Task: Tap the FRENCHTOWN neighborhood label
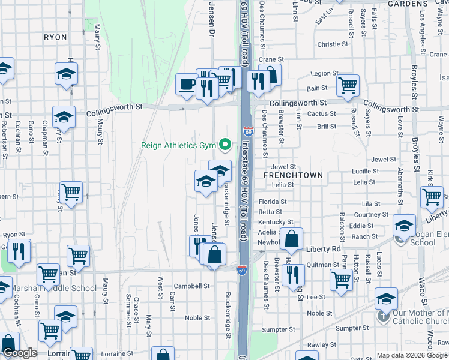(293, 175)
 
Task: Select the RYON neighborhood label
(55, 37)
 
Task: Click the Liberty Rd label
(323, 248)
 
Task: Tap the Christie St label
(333, 44)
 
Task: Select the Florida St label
(273, 202)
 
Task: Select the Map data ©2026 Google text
(412, 355)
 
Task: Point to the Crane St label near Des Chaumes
(271, 60)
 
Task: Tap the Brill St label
(327, 127)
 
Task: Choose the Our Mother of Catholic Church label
(420, 317)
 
